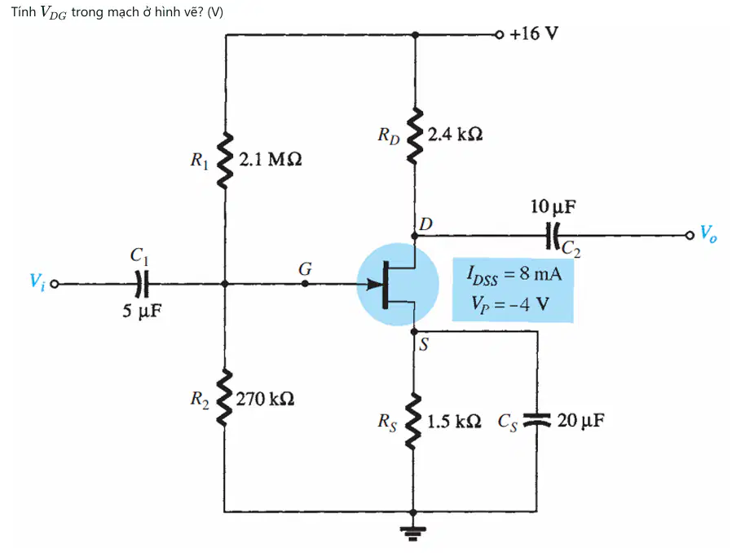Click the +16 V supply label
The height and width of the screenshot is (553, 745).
(534, 33)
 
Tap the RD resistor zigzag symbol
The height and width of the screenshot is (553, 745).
(415, 136)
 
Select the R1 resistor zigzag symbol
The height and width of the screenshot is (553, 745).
(225, 161)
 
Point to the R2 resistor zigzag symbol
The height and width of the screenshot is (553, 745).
(225, 396)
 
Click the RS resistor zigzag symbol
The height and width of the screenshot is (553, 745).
(413, 421)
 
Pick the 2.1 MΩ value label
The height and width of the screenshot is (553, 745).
(271, 159)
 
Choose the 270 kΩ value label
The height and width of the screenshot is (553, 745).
(265, 399)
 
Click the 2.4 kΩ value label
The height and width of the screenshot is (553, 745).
(455, 135)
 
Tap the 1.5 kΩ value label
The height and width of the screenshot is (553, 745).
(454, 422)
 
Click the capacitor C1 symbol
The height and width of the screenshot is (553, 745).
(142, 284)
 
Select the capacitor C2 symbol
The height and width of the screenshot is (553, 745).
(553, 236)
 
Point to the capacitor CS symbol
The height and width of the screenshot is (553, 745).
(537, 419)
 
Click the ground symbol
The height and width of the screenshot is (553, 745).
(413, 533)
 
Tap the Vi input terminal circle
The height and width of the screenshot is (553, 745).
(55, 285)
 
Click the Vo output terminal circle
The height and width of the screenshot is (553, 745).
(690, 236)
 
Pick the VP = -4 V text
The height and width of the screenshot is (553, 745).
(510, 303)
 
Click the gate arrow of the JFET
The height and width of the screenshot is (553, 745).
(375, 285)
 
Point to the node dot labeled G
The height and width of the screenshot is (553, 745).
(305, 284)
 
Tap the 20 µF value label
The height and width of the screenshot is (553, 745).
(580, 420)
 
